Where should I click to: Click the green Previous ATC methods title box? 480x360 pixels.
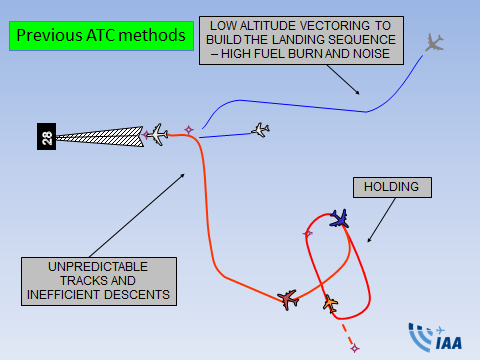click(101, 36)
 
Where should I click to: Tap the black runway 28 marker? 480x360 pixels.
click(46, 136)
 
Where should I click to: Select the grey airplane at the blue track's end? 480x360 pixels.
click(434, 43)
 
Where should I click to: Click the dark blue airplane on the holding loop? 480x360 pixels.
click(340, 219)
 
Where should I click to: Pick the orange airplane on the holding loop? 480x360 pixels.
click(330, 303)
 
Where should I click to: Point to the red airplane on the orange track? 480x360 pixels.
click(288, 300)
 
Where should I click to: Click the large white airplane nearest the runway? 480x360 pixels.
click(158, 134)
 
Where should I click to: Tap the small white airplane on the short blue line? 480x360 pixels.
click(260, 130)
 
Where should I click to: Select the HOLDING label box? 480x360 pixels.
click(392, 187)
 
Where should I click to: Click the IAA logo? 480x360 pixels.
click(435, 337)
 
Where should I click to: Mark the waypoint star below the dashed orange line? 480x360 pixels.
click(355, 348)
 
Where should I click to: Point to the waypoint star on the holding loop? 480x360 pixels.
click(308, 233)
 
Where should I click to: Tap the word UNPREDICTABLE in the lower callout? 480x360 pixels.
click(98, 267)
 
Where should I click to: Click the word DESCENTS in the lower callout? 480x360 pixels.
click(137, 295)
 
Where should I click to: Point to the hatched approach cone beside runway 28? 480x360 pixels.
click(100, 137)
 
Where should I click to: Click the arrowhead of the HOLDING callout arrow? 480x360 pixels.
click(369, 240)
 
